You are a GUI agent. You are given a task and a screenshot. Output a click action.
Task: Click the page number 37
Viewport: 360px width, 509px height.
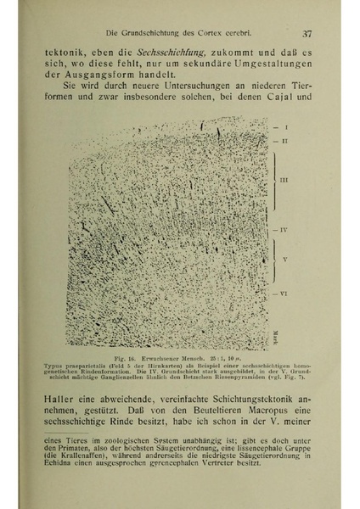pos(307,34)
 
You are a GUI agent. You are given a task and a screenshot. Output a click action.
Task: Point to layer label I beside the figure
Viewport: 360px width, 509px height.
pos(287,127)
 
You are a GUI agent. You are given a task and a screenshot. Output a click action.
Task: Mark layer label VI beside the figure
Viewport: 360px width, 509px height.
pos(289,292)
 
